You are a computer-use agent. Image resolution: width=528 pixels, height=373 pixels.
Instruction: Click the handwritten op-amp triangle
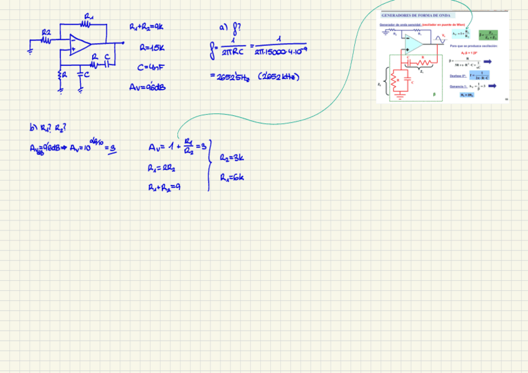[80, 44]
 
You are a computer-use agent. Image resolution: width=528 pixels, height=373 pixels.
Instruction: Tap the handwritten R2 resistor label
[46, 32]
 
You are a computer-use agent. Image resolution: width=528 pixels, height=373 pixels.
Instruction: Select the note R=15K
[152, 47]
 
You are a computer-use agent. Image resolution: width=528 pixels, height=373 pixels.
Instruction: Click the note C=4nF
[151, 67]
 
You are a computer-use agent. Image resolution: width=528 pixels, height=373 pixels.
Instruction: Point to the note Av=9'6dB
[148, 87]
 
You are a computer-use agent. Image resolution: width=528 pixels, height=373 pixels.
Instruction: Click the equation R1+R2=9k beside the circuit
[146, 27]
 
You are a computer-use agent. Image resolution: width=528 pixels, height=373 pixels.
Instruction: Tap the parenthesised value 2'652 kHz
[278, 77]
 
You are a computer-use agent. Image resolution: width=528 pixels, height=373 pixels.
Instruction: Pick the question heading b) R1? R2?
[47, 128]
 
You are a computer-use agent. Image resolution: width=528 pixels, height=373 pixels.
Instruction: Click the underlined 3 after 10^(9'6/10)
[112, 148]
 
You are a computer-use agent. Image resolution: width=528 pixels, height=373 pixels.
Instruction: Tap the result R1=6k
[231, 177]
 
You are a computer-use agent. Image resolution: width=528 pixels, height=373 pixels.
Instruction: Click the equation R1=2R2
[161, 168]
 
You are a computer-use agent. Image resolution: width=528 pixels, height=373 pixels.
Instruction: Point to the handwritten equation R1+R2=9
[164, 187]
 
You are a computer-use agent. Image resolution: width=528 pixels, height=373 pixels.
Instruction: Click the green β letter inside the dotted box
[433, 95]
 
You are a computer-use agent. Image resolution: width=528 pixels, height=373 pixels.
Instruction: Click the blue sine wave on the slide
[441, 40]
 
